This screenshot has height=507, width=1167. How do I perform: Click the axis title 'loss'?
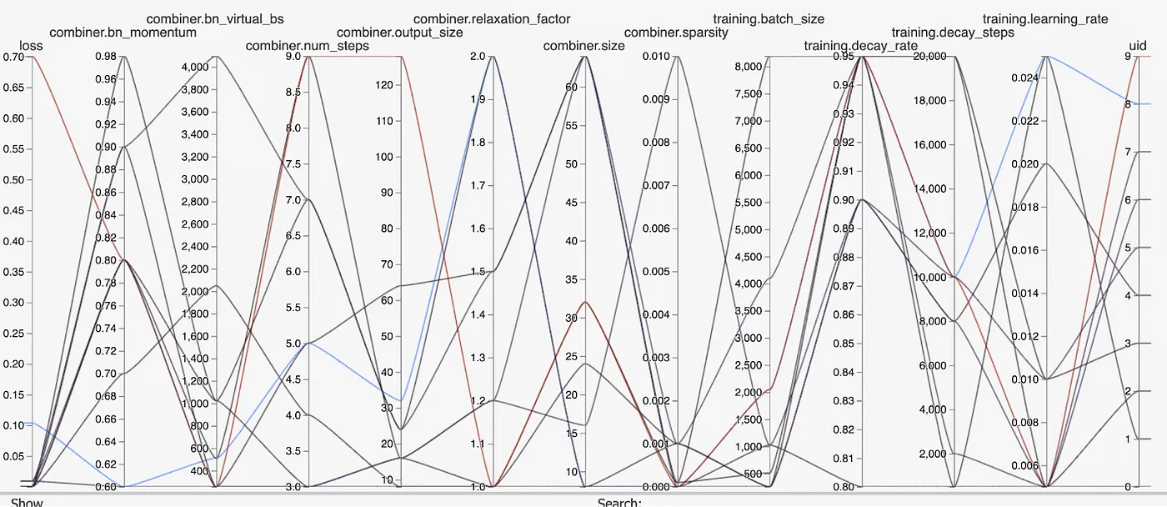(x=31, y=46)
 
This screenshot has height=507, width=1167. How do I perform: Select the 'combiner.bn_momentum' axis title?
(x=123, y=33)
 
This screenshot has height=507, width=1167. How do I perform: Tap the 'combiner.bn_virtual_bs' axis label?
(x=215, y=18)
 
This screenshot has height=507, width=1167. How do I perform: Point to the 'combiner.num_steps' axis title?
(x=307, y=46)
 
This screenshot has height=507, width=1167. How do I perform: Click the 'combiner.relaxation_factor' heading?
(x=492, y=18)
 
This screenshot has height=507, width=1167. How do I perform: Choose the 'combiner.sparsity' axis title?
(x=676, y=33)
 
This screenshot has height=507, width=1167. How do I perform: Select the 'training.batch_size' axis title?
(x=769, y=18)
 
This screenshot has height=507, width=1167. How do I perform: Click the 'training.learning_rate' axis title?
(x=1045, y=18)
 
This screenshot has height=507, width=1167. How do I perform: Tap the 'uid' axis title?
(x=1137, y=46)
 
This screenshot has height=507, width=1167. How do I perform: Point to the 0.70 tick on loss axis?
(x=14, y=57)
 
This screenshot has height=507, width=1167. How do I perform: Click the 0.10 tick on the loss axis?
(x=14, y=425)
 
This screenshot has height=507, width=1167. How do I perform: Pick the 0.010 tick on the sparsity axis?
(x=656, y=57)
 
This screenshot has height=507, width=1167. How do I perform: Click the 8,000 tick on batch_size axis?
(x=750, y=67)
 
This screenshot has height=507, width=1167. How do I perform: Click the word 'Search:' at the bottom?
(x=619, y=502)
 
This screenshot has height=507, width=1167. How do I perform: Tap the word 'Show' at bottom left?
(x=27, y=502)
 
